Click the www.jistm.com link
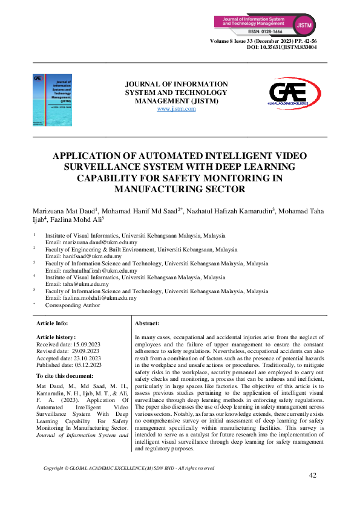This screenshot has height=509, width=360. click(176, 109)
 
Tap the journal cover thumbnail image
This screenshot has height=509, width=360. click(52, 100)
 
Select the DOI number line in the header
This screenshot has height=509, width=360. click(282, 47)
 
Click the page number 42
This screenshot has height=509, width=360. click(313, 475)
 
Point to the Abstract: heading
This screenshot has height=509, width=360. click(147, 324)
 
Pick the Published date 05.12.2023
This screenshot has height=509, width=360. click(69, 365)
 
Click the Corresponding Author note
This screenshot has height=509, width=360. click(72, 305)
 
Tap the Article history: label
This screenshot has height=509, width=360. click(56, 337)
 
